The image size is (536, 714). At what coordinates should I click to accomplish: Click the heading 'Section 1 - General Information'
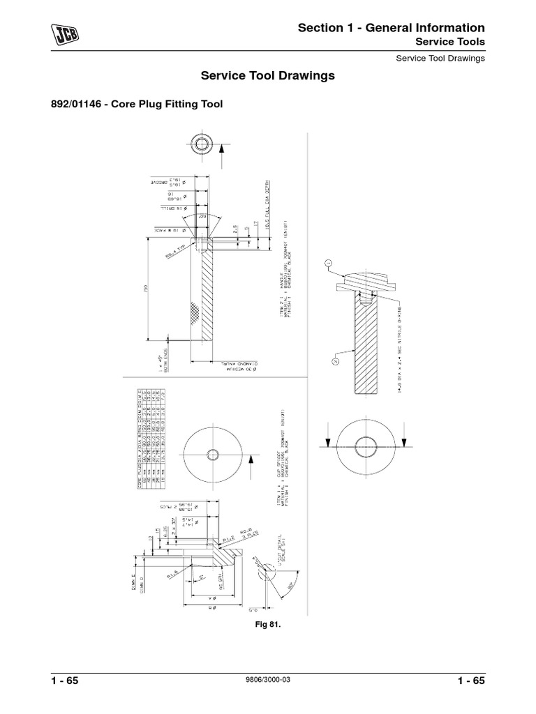[x=391, y=28]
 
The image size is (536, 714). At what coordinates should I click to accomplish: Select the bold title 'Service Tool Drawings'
[x=267, y=75]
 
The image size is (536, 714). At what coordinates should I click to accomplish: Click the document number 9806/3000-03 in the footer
[x=267, y=684]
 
